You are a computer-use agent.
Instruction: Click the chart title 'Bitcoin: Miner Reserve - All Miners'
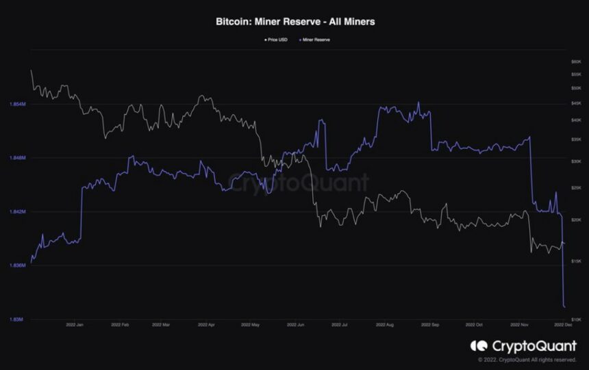pos(294,21)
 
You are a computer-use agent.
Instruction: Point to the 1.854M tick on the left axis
pos(18,104)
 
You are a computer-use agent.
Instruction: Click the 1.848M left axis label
pos(18,158)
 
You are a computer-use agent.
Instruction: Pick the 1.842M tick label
pos(18,211)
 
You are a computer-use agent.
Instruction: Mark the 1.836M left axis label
pos(18,265)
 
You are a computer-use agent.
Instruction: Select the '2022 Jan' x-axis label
pos(75,326)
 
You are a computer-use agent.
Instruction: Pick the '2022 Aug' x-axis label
pos(385,326)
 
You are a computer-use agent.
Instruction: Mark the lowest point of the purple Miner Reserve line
pos(564,306)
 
